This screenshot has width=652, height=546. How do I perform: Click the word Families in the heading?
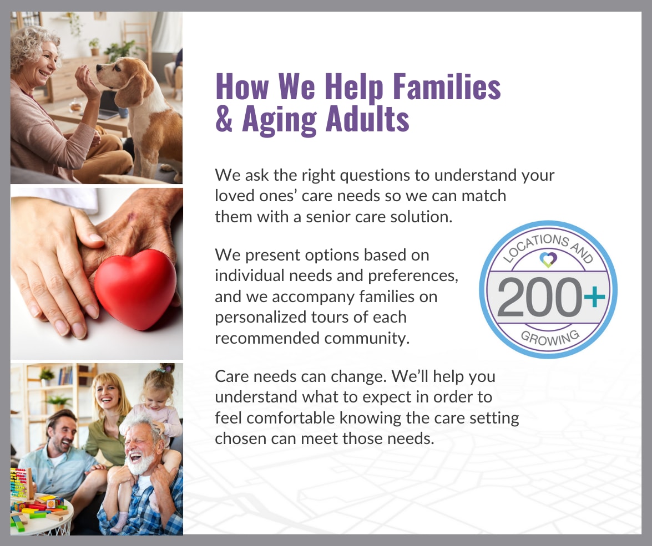coord(447,87)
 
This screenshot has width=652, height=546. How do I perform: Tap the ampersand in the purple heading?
coord(224,119)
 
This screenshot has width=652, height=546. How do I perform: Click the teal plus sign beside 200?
coord(595,296)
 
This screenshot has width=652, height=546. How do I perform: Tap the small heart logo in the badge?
coord(548,260)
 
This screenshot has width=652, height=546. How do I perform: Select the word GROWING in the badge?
coord(550,338)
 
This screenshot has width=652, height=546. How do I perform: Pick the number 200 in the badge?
coord(540,297)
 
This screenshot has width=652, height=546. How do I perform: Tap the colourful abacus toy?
coord(21,484)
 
